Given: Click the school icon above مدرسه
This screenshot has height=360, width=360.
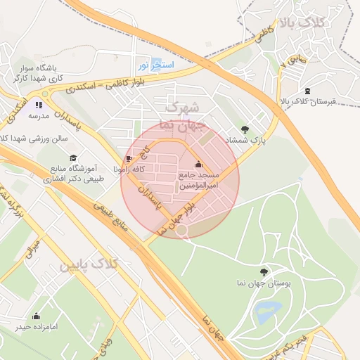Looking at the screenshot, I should coord(39,104).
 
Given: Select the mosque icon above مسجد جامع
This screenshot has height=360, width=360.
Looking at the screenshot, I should coord(198,165).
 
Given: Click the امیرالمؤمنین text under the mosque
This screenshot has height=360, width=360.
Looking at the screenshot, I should coord(198,186).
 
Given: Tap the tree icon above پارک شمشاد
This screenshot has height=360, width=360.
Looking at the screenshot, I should coord(245,129).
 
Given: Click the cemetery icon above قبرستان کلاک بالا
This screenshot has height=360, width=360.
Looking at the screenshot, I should coord(307,91).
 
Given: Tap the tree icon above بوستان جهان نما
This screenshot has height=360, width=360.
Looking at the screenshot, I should coord(264,271).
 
